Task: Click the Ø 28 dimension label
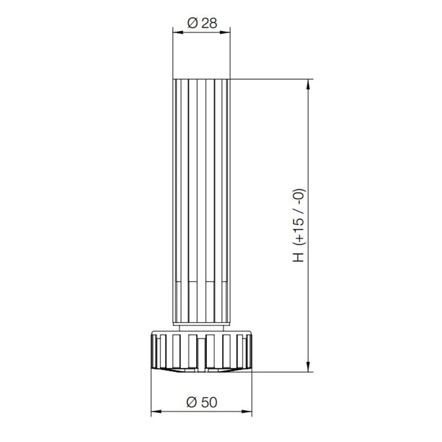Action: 202,23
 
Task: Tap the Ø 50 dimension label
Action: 202,402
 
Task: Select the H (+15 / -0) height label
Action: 299,225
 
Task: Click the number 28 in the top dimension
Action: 209,23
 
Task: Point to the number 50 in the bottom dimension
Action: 209,402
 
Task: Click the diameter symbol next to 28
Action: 192,23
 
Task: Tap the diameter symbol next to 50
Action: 191,402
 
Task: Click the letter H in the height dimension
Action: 299,257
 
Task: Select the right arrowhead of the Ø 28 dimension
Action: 225,33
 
